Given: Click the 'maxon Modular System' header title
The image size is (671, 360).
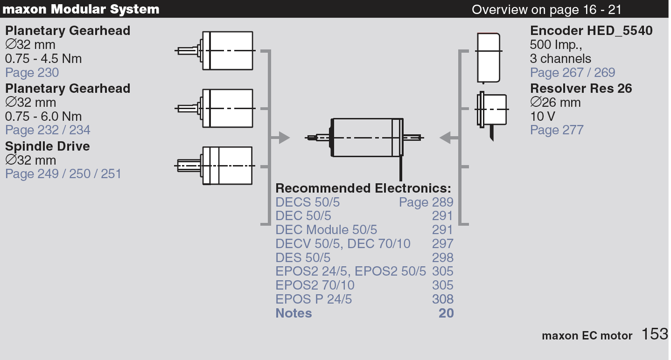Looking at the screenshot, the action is [x=81, y=9].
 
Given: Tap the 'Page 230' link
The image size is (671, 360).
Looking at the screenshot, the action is [x=32, y=72].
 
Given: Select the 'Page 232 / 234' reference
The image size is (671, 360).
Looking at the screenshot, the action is [x=48, y=130].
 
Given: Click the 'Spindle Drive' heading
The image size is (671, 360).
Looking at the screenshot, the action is [x=47, y=146].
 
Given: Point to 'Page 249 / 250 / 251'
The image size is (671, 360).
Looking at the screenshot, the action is [x=63, y=173].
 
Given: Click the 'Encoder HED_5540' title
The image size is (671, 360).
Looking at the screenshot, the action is [x=591, y=30].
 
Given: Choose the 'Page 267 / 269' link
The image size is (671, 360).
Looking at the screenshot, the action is [x=573, y=72].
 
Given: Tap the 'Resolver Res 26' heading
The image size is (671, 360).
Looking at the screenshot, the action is [x=581, y=88].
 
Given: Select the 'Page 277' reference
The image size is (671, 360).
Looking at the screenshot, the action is [x=557, y=130].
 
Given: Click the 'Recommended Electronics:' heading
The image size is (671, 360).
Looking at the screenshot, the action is [x=363, y=188].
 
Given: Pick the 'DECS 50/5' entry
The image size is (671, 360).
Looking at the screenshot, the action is [x=308, y=202].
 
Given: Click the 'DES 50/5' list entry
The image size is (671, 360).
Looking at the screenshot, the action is [x=302, y=257].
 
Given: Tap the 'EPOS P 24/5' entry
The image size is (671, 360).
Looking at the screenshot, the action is [x=313, y=299].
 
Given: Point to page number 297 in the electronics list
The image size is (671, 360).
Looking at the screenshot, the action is [x=442, y=243].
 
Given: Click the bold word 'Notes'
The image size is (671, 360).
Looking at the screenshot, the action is [x=294, y=313].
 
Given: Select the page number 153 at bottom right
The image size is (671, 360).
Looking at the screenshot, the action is [x=655, y=334].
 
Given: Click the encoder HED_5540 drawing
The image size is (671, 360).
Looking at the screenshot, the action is [x=489, y=57].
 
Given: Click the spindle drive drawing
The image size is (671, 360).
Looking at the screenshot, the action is [x=215, y=166].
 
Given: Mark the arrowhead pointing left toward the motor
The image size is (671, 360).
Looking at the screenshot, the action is [x=445, y=138].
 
